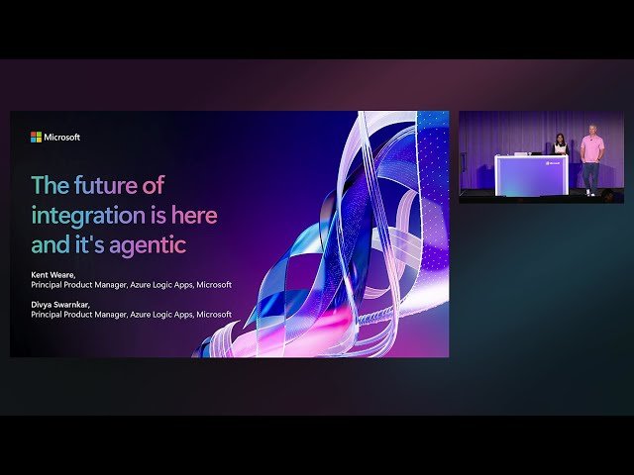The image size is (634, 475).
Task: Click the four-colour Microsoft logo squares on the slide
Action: [x=36, y=138]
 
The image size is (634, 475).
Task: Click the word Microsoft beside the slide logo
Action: [x=61, y=138]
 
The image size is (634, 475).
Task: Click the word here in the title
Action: [x=195, y=214]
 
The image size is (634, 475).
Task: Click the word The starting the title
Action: [x=48, y=185]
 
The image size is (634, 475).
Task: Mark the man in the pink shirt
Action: [x=591, y=149]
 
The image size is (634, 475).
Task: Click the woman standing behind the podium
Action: [x=560, y=145]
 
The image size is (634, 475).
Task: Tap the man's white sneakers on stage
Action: [x=590, y=192]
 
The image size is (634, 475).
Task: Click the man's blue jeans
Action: [x=591, y=174]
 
